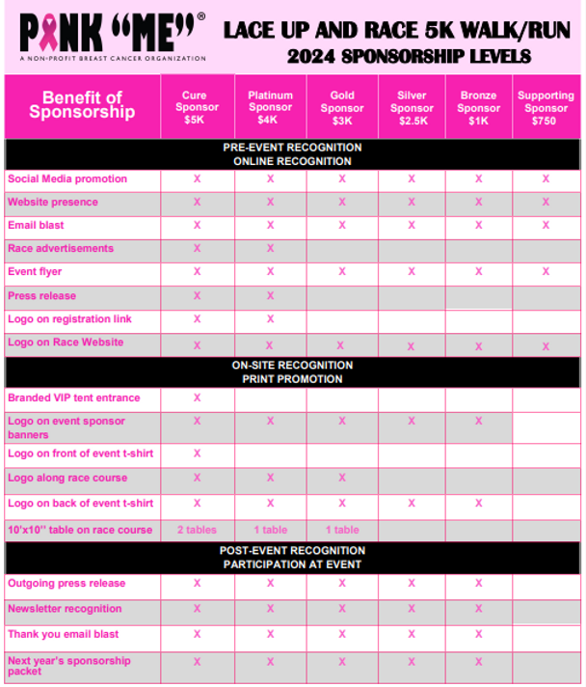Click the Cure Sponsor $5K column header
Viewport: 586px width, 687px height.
197,108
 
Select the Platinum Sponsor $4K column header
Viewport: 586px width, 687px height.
270,108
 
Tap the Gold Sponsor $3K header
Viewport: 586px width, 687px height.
342,108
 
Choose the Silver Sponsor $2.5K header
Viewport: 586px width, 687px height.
412,108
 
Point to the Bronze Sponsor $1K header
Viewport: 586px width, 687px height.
479,108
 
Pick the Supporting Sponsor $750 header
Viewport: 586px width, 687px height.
546,108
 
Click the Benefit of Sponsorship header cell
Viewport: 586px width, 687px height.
82,105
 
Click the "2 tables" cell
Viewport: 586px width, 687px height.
197,529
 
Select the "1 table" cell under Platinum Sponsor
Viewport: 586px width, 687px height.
270,529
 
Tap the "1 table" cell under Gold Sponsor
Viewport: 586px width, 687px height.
342,529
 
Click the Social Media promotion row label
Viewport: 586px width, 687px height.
67,179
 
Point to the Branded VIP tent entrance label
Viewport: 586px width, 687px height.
73,398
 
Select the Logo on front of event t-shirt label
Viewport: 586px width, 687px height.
80,453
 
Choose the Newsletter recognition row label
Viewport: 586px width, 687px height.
65,609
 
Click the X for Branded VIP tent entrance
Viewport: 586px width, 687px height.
197,398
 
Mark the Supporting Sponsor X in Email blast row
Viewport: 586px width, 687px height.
546,225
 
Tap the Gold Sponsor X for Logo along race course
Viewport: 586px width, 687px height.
342,478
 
